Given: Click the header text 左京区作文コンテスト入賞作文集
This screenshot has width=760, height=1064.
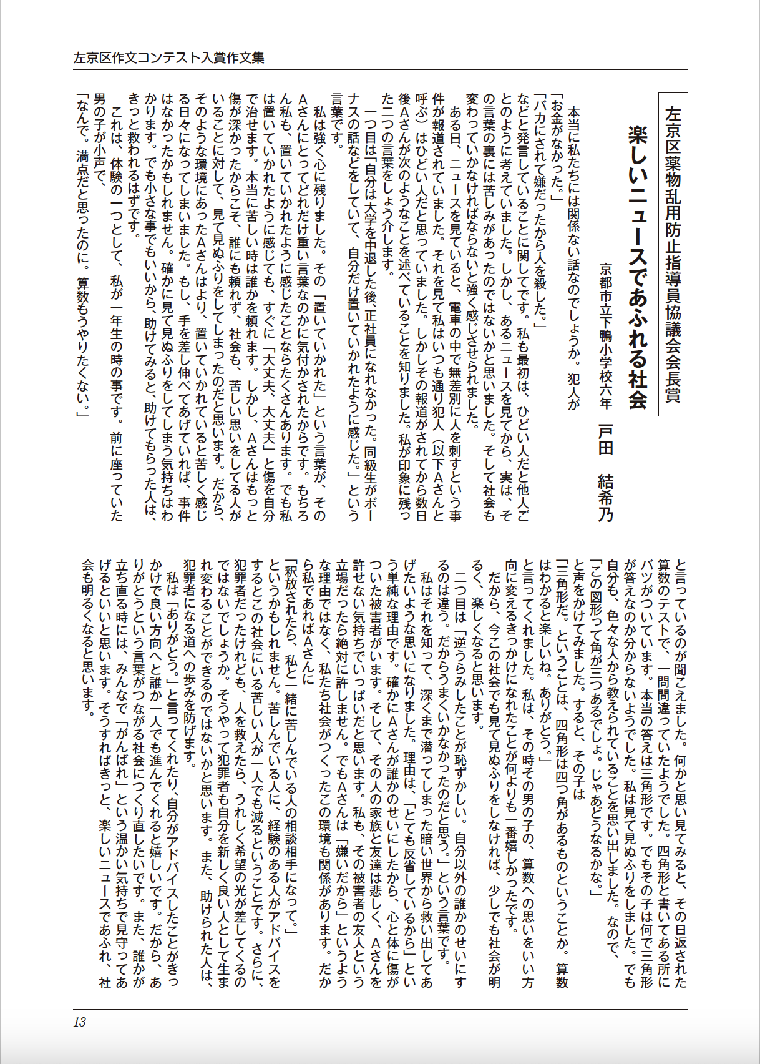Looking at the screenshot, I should click(168, 58).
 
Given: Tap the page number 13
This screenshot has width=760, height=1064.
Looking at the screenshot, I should click(79, 1022).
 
